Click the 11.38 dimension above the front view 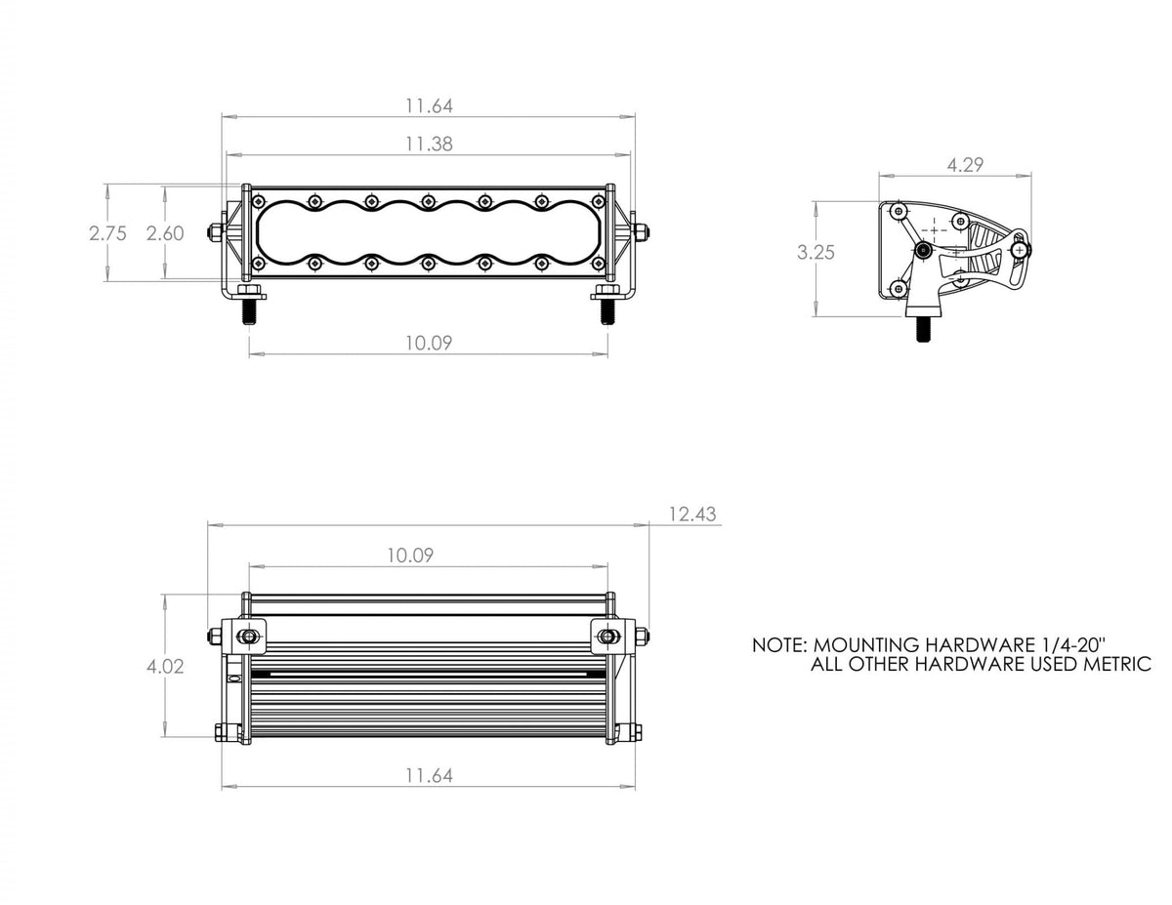(429, 144)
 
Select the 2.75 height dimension (106, 233)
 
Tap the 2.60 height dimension (164, 233)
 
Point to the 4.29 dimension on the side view (965, 165)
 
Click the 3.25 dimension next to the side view (815, 252)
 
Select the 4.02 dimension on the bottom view (165, 667)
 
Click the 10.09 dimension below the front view (429, 342)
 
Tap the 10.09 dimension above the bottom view (409, 555)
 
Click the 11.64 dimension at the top (429, 104)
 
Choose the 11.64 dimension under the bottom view (429, 775)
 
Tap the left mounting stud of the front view (250, 311)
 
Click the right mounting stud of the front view (607, 311)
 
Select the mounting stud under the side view (921, 328)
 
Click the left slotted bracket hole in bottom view (248, 637)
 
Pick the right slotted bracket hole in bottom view (607, 637)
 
